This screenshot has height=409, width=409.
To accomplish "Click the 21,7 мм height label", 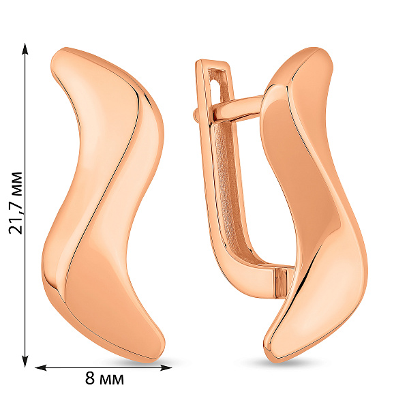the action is click(16, 202).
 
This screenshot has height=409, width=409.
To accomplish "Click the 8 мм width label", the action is click(104, 378).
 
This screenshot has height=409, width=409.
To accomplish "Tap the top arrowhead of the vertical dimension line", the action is click(25, 49).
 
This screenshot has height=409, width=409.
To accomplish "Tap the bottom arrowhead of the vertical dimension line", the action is click(25, 361).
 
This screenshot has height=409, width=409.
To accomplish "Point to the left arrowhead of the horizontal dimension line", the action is click(41, 367).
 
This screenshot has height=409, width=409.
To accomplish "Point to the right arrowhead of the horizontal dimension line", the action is click(166, 367).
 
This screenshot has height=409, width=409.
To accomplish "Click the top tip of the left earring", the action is click(63, 50).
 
